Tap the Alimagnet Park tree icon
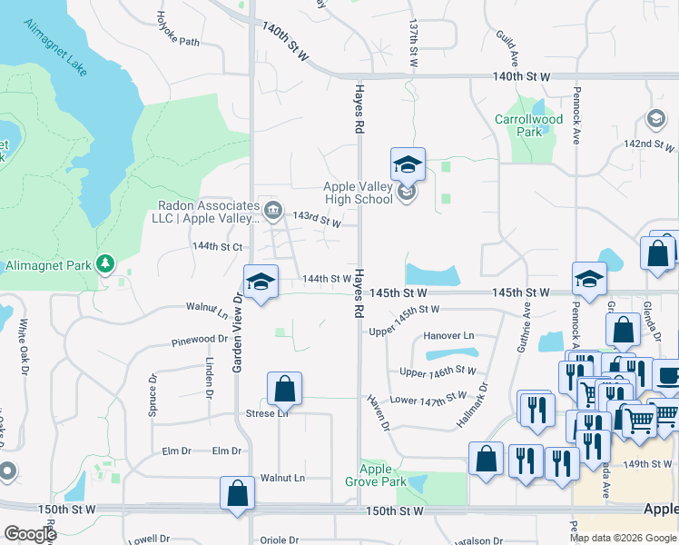[x=106, y=263]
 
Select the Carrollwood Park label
[x=529, y=125]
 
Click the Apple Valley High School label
[x=359, y=193]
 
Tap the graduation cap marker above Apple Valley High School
[x=408, y=164]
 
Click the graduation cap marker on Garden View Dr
[x=261, y=281]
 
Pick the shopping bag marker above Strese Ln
[x=285, y=389]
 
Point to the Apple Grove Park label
[x=382, y=475]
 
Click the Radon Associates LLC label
[x=203, y=211]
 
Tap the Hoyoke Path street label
[x=176, y=28]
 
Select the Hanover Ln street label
[x=448, y=336]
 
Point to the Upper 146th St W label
[x=438, y=371]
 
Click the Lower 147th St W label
[x=428, y=398]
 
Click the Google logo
[x=30, y=534]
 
